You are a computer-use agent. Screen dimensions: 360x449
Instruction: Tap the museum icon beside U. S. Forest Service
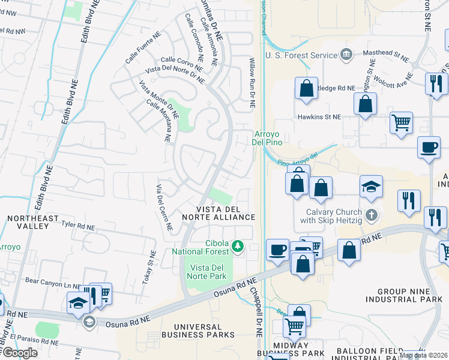point(346,55)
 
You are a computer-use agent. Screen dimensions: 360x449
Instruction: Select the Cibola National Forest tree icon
point(238,246)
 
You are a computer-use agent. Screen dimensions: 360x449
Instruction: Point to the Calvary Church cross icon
point(372,214)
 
